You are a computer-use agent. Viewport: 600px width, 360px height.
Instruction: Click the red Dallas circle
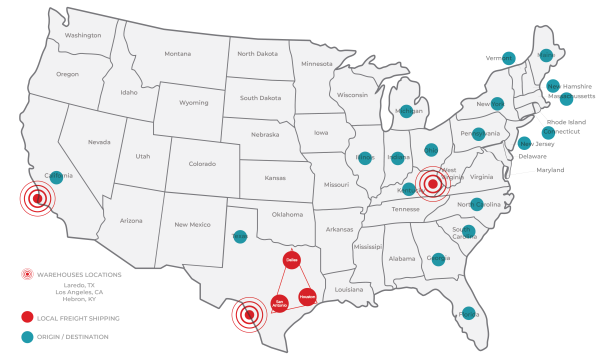click(292, 260)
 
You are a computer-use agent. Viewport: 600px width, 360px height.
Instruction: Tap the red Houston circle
click(308, 297)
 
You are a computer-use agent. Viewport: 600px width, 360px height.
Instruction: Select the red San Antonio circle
click(280, 302)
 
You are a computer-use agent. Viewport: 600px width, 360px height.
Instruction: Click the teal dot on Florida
click(468, 314)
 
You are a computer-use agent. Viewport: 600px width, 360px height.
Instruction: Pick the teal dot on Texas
click(239, 237)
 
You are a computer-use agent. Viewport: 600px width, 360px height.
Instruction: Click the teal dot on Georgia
click(437, 259)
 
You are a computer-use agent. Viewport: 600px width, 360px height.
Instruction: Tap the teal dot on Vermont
click(508, 58)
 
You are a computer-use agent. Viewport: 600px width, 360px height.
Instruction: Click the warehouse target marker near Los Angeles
click(37, 199)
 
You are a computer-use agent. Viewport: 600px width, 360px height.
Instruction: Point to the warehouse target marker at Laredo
click(248, 317)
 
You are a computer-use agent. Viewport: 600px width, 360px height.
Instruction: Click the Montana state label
click(177, 54)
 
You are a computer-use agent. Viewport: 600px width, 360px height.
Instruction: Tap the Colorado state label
click(201, 164)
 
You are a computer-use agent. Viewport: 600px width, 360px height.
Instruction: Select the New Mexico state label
click(191, 224)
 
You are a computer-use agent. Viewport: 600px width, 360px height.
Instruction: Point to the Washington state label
click(83, 35)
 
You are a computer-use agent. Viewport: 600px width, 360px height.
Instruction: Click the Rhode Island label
click(566, 122)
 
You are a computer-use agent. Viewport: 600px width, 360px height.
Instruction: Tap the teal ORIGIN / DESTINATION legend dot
click(28, 337)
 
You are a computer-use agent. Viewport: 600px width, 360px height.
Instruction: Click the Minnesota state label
click(316, 64)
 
